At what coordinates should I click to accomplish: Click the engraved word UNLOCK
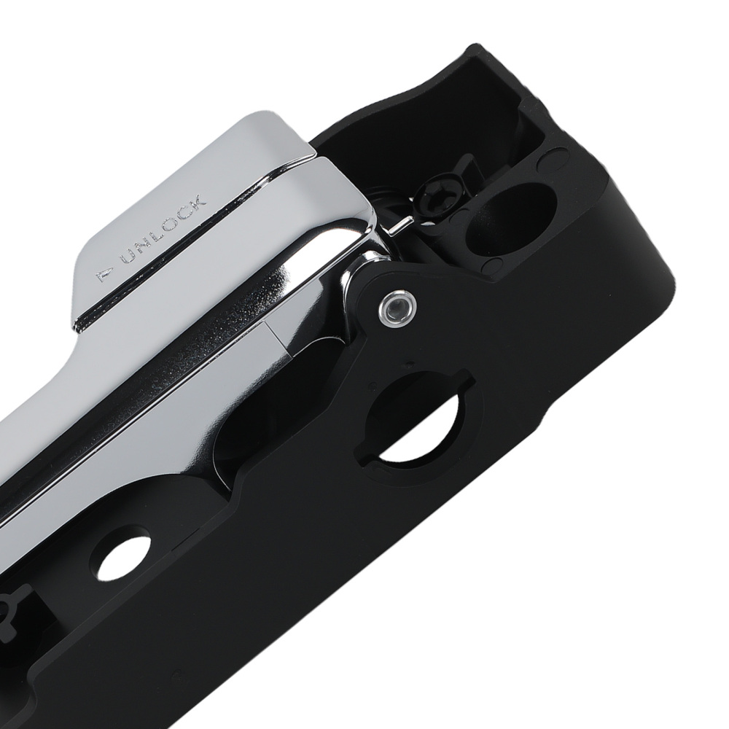coord(164,231)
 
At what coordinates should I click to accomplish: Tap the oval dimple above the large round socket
coord(558,155)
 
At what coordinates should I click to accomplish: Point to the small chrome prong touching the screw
coord(394,228)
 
